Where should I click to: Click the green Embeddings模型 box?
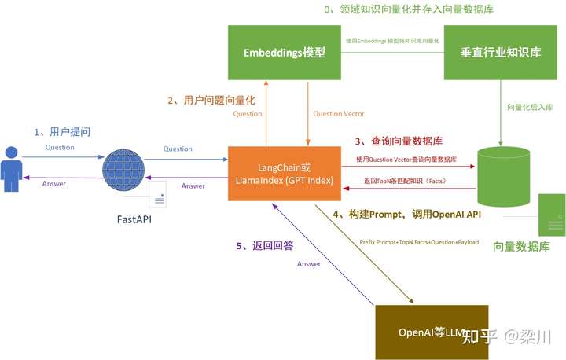[285, 53]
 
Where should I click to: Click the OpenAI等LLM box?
[432, 332]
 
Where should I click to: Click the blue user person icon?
[11, 167]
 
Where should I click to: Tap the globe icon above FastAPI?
[124, 167]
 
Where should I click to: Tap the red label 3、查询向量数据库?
[399, 141]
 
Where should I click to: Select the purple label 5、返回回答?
[266, 245]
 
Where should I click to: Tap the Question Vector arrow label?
[339, 114]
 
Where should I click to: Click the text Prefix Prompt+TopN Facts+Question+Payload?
[419, 242]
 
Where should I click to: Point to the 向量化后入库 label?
[531, 108]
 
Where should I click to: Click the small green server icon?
[552, 214]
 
